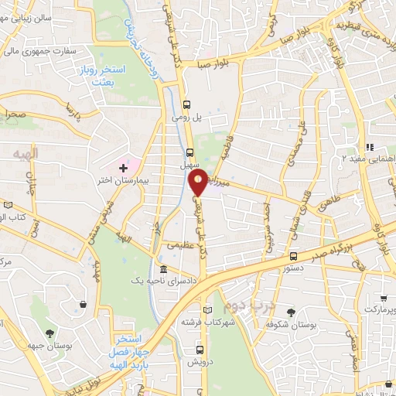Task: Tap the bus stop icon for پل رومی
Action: tap(186, 104)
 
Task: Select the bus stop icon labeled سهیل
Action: tap(190, 152)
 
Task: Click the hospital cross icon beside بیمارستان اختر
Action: tap(123, 167)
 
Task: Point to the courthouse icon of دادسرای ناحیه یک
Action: tap(164, 269)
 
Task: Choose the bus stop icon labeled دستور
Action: tap(292, 256)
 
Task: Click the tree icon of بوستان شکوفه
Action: tap(291, 312)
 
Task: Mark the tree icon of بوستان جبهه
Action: tap(50, 334)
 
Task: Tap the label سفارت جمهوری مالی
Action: tap(43, 53)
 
